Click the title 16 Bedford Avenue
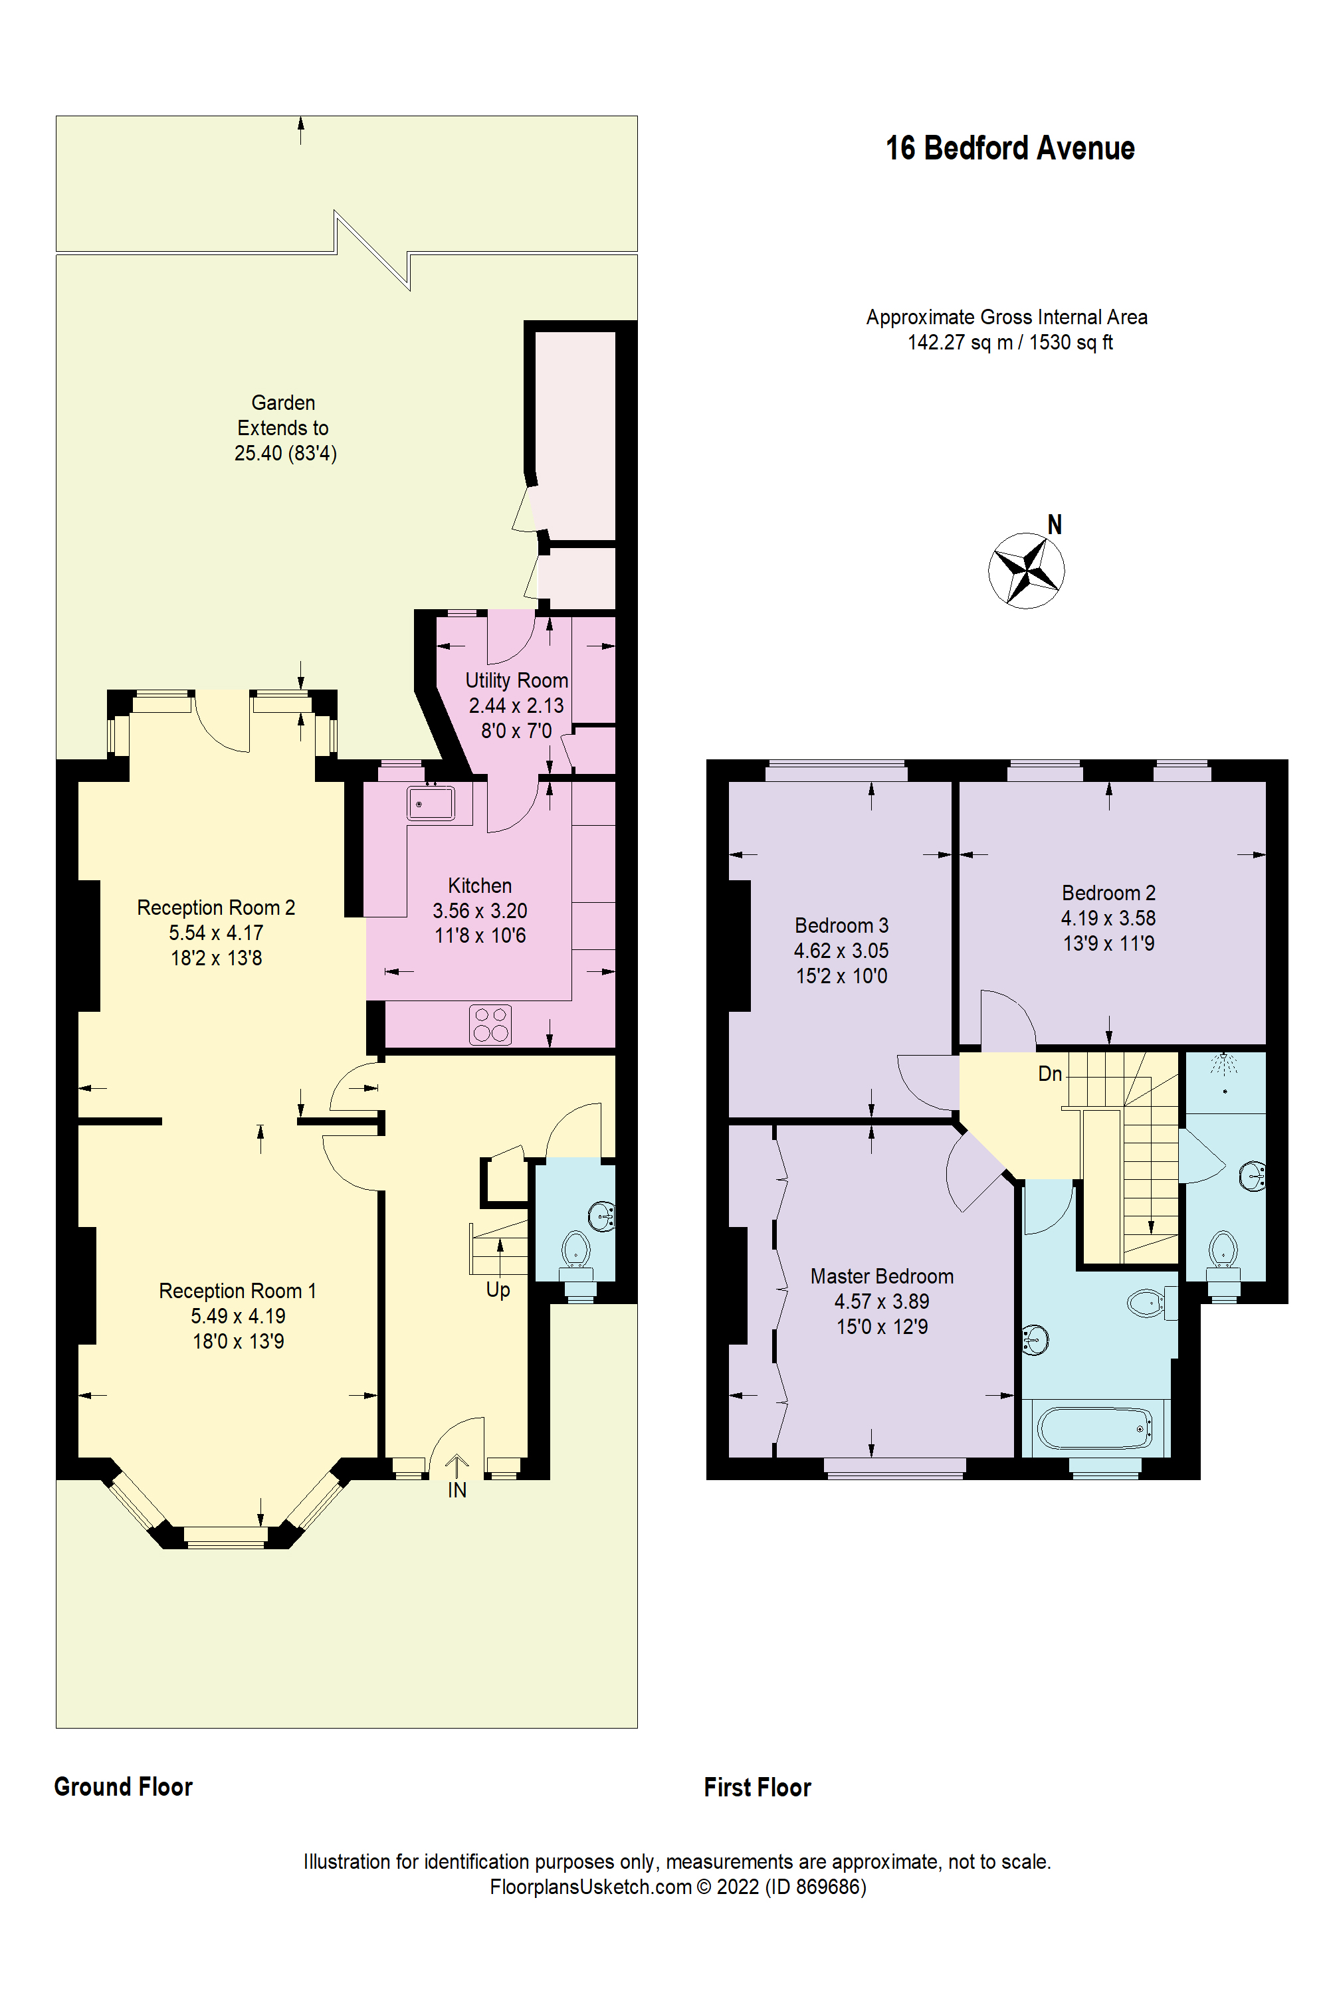pyautogui.click(x=1009, y=148)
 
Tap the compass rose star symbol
pyautogui.click(x=1027, y=570)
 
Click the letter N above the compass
pyautogui.click(x=1055, y=525)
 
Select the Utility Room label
pyautogui.click(x=516, y=680)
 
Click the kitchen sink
pyautogui.click(x=431, y=803)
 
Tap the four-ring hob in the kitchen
pyautogui.click(x=490, y=1024)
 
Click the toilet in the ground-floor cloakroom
pyautogui.click(x=576, y=1251)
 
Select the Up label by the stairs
pyautogui.click(x=498, y=1289)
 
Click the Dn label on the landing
pyautogui.click(x=1049, y=1074)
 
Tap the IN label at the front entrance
pyautogui.click(x=457, y=1491)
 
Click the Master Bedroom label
pyautogui.click(x=882, y=1276)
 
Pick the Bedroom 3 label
pyautogui.click(x=841, y=925)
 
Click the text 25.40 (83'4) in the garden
pyautogui.click(x=286, y=453)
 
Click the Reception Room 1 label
pyautogui.click(x=237, y=1291)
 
